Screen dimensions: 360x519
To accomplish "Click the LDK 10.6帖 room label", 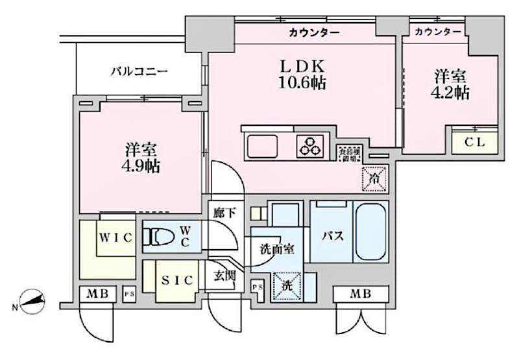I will [x=302, y=75].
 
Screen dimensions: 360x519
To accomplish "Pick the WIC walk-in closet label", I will [x=116, y=238].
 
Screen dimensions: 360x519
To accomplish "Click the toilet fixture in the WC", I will [x=160, y=238].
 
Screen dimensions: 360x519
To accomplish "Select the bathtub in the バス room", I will [x=370, y=231].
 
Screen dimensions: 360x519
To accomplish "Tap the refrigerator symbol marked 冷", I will [x=374, y=176].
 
